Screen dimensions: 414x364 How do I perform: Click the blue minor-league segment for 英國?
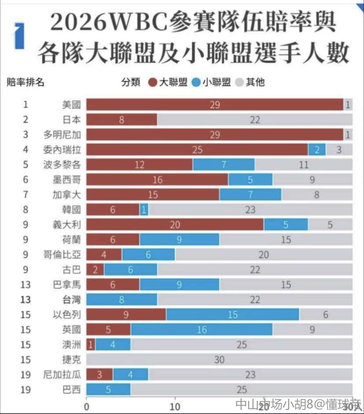[201, 329]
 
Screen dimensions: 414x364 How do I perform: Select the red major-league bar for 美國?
[215, 105]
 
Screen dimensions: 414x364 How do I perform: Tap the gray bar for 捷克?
[219, 360]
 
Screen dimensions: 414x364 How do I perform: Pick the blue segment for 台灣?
[122, 300]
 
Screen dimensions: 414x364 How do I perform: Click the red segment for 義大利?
[175, 225]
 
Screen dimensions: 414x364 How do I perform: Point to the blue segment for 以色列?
[233, 314]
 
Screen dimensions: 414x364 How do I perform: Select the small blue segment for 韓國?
[144, 210]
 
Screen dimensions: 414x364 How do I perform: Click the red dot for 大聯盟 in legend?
[152, 82]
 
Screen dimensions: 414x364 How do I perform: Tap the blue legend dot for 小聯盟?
[196, 82]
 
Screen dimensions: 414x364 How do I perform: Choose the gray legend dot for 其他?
[239, 82]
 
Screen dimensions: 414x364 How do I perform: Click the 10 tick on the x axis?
[175, 407]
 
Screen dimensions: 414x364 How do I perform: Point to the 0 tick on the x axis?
[86, 407]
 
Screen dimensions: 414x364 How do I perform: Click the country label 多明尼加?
[62, 135]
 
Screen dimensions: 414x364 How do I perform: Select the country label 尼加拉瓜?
[62, 374]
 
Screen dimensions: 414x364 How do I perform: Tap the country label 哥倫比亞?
[62, 254]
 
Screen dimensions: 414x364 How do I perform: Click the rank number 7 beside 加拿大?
[26, 194]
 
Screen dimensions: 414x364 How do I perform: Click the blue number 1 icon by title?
[20, 35]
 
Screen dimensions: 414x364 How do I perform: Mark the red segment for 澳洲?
[91, 345]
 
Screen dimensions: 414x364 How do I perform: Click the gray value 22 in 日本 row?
[255, 120]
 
